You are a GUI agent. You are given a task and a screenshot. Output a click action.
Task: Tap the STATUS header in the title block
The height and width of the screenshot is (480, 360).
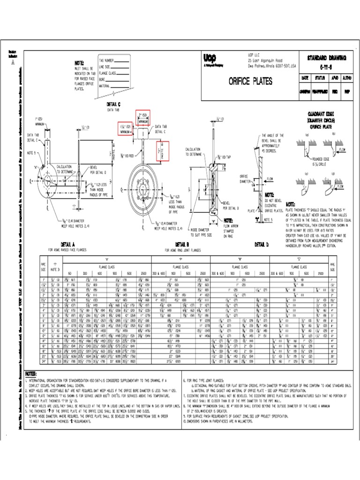(x=320, y=78)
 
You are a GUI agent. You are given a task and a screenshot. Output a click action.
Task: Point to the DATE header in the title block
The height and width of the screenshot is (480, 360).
(x=305, y=78)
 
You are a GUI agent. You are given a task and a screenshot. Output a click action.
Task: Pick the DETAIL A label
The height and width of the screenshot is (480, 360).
(x=67, y=244)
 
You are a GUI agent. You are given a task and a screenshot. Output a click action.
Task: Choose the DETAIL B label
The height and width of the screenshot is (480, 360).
(x=181, y=244)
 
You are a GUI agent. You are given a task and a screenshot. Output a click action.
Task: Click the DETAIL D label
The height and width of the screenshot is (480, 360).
(x=262, y=244)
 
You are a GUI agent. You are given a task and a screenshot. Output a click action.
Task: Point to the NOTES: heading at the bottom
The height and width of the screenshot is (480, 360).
(x=31, y=374)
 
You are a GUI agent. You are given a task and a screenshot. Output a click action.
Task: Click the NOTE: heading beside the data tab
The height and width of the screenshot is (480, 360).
(x=79, y=63)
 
